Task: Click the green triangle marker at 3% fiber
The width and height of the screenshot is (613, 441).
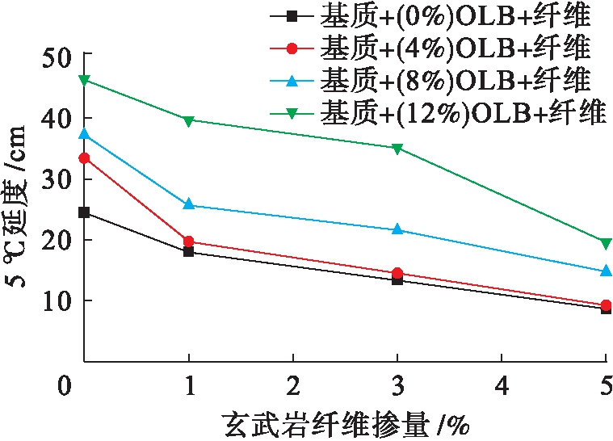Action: [397, 149]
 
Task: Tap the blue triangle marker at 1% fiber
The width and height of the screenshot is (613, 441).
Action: [189, 205]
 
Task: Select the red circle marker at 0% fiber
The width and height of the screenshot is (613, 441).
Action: [84, 158]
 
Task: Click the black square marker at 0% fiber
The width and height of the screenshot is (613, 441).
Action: [84, 212]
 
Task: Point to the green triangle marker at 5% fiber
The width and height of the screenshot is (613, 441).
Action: [606, 242]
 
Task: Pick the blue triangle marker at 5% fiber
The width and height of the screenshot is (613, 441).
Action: [606, 271]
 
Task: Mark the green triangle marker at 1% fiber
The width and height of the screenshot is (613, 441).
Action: [189, 120]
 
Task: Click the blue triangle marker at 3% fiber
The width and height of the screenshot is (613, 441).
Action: [397, 229]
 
